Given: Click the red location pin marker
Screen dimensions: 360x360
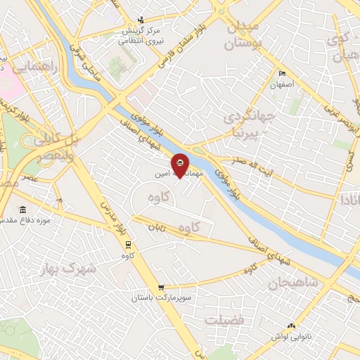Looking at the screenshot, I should [180, 165].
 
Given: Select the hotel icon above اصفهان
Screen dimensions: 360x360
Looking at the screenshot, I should [283, 74].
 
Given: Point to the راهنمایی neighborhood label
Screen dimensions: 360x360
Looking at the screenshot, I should [35, 67].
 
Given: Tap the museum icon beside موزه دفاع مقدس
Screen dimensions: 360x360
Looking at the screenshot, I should [24, 210].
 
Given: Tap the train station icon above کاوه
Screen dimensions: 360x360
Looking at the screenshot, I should [127, 244].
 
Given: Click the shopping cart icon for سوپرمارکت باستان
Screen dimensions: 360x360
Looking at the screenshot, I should [162, 287].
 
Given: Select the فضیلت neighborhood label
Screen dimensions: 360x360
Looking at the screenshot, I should [224, 321].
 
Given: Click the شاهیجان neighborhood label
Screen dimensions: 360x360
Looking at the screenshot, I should [292, 283].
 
